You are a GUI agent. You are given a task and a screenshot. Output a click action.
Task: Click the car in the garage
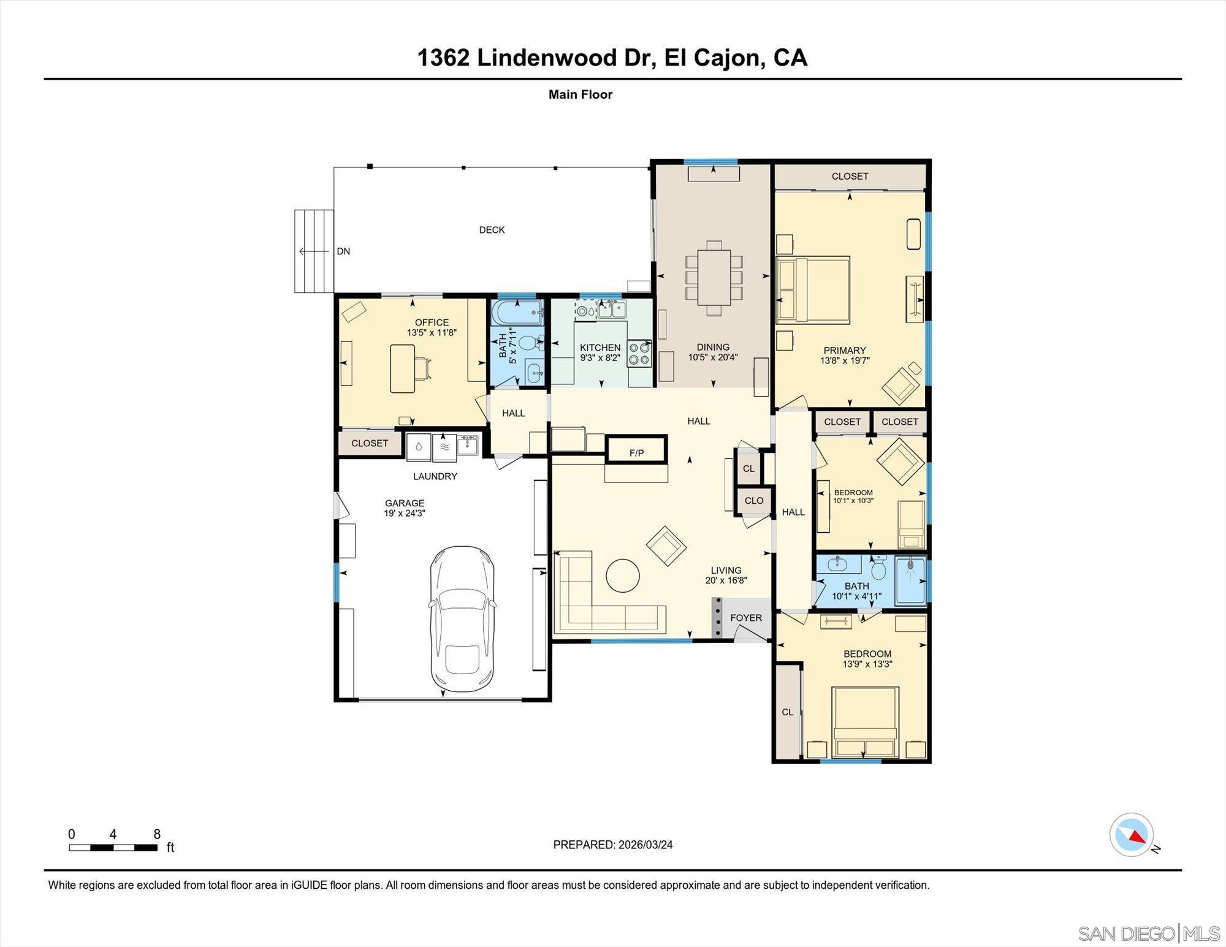462,619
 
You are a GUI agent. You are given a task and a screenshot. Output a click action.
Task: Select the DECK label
492,230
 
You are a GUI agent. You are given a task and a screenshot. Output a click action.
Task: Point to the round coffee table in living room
622,576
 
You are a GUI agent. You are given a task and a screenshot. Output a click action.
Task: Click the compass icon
1132,834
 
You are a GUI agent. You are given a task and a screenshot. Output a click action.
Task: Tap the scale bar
113,848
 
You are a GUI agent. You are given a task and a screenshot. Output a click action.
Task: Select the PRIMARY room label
844,351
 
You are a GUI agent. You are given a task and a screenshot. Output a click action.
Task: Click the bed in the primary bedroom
813,290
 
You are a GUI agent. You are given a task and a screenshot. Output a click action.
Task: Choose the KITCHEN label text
600,348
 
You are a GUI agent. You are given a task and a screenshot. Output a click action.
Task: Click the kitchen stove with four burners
639,354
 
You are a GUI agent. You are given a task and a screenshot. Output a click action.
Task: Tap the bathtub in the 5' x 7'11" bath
517,313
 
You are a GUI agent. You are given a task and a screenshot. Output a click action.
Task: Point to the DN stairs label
343,251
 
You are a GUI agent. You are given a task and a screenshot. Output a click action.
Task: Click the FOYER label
746,618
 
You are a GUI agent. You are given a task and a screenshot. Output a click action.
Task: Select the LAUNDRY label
435,476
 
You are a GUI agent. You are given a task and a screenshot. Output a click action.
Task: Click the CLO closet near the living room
754,500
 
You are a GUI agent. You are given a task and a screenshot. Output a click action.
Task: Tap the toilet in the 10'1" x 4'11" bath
878,568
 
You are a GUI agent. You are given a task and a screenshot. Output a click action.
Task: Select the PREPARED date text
612,845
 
